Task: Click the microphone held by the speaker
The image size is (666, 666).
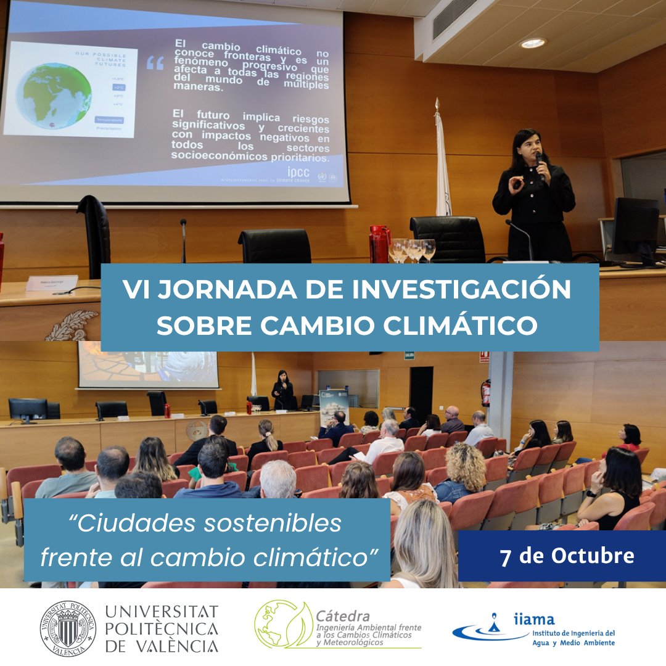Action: [x=540, y=163]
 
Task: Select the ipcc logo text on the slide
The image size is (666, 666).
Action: [x=298, y=172]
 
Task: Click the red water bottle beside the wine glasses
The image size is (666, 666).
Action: [x=379, y=244]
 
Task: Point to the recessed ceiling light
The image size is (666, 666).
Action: [x=532, y=43]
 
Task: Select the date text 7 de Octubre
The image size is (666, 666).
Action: [x=567, y=556]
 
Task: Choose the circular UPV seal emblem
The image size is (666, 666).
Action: [x=68, y=628]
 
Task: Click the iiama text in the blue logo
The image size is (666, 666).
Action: [x=533, y=619]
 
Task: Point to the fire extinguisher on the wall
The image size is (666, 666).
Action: [x=486, y=393]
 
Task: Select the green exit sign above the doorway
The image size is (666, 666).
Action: [x=409, y=355]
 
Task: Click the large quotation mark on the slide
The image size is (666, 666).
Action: [x=155, y=63]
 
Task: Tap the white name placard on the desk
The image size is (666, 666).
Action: [x=52, y=283]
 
